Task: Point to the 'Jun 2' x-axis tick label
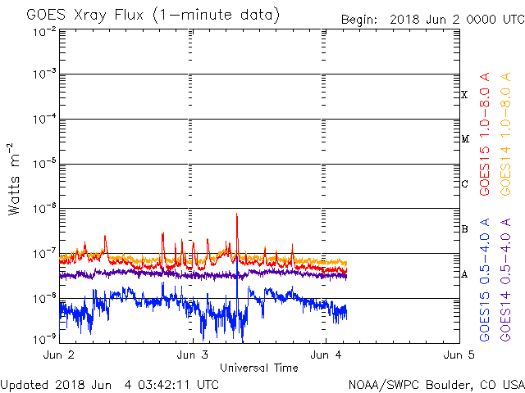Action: (60, 355)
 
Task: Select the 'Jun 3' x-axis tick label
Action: (193, 355)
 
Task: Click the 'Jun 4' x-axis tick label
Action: (326, 355)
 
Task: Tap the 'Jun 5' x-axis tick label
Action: (458, 355)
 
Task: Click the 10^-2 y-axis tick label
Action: (44, 30)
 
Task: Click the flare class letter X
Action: (464, 95)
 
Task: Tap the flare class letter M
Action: (464, 139)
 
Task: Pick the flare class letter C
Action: (464, 184)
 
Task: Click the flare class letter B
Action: (464, 228)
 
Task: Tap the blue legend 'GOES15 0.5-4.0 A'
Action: (486, 281)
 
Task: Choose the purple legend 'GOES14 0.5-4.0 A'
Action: (506, 281)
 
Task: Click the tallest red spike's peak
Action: (237, 215)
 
